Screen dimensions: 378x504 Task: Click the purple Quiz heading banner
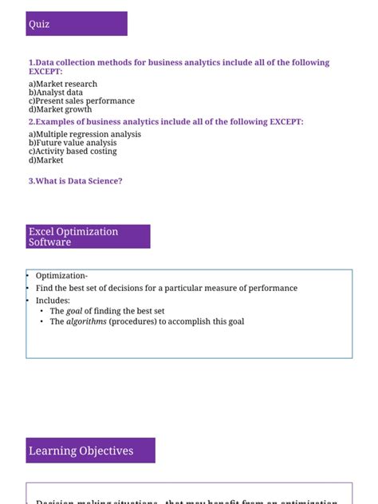tap(76, 24)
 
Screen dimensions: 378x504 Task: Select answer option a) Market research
tap(63, 84)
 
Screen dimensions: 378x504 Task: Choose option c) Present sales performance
tap(81, 101)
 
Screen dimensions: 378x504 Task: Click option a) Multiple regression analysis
tap(85, 134)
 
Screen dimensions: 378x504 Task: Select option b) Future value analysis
tap(72, 143)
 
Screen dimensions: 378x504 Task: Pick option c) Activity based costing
tap(72, 151)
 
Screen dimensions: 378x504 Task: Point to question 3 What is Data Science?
tap(75, 181)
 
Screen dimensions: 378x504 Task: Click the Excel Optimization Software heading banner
tap(88, 237)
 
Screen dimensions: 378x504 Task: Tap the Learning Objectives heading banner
tap(90, 451)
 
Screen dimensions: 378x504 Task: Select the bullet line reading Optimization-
tap(61, 276)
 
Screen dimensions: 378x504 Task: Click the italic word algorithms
tap(86, 321)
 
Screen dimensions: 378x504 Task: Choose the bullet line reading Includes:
tap(53, 300)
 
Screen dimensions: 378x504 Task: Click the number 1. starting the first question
tap(31, 62)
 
